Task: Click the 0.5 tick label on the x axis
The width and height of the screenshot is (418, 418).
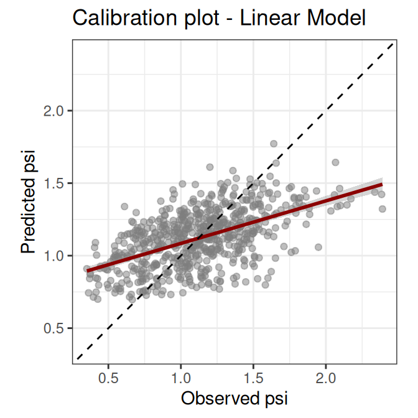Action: [108, 378]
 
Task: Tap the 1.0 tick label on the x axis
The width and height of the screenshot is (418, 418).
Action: [181, 378]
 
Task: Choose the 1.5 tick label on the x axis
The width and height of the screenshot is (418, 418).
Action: [253, 378]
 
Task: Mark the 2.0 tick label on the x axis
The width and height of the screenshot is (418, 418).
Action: [326, 378]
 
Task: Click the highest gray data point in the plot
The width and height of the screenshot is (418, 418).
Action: [274, 144]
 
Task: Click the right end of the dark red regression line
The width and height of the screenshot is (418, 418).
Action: [381, 185]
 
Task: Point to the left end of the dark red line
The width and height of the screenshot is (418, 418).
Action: [87, 271]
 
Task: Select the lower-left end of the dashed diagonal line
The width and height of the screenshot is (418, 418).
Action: [76, 360]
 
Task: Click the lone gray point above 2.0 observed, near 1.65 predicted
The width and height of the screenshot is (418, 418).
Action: [335, 162]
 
